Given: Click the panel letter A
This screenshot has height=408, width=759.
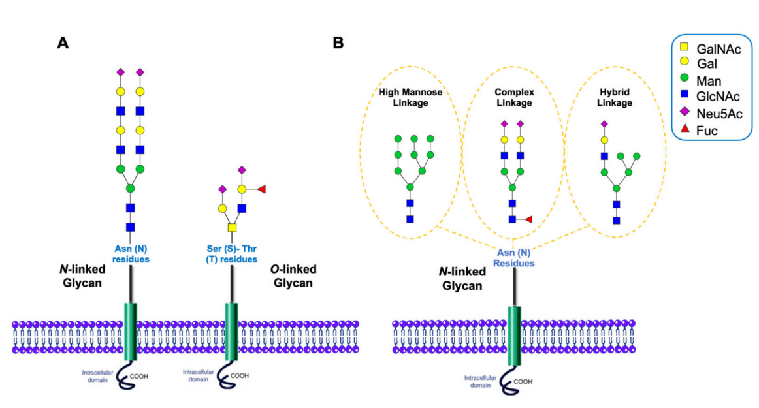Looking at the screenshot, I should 63,43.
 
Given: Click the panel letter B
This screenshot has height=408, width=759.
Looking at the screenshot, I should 338,43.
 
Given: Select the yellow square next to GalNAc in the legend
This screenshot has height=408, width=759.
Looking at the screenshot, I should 683,48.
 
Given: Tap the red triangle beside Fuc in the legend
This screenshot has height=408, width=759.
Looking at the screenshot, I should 683,131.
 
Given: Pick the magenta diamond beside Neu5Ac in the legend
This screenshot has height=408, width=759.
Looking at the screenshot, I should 683,114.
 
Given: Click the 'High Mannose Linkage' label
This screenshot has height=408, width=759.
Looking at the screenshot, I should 410,97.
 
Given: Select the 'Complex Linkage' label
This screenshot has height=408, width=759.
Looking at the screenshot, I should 514,97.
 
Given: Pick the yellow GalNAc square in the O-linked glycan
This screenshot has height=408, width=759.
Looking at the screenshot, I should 232,228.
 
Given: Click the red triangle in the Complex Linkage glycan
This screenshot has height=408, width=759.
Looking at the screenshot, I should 528,219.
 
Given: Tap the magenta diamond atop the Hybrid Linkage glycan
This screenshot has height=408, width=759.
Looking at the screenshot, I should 604,123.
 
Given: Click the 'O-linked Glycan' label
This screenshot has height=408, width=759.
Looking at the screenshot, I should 292,275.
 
